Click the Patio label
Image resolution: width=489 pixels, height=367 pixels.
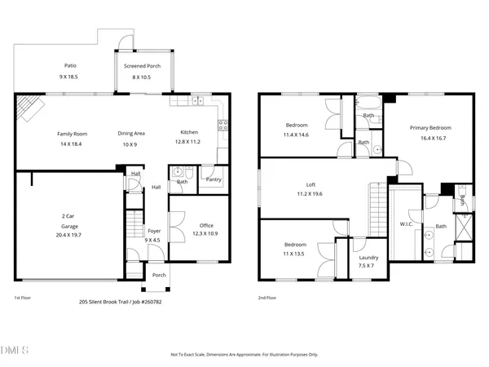click(x=71, y=66)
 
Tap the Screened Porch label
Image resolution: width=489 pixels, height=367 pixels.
click(x=143, y=66)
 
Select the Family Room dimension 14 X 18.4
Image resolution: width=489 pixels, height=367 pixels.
click(x=71, y=144)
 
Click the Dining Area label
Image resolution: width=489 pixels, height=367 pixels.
click(x=131, y=133)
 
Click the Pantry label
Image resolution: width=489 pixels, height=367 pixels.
click(x=214, y=179)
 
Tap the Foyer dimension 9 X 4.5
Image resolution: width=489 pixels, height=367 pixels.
click(x=154, y=240)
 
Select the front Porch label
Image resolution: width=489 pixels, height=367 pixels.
click(x=159, y=275)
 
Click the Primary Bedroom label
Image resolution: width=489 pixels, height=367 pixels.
click(x=430, y=128)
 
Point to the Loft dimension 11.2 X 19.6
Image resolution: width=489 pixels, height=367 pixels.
click(x=311, y=194)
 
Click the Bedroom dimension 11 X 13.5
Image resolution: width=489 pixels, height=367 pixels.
click(x=295, y=254)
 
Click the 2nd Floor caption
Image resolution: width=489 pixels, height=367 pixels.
click(x=267, y=298)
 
